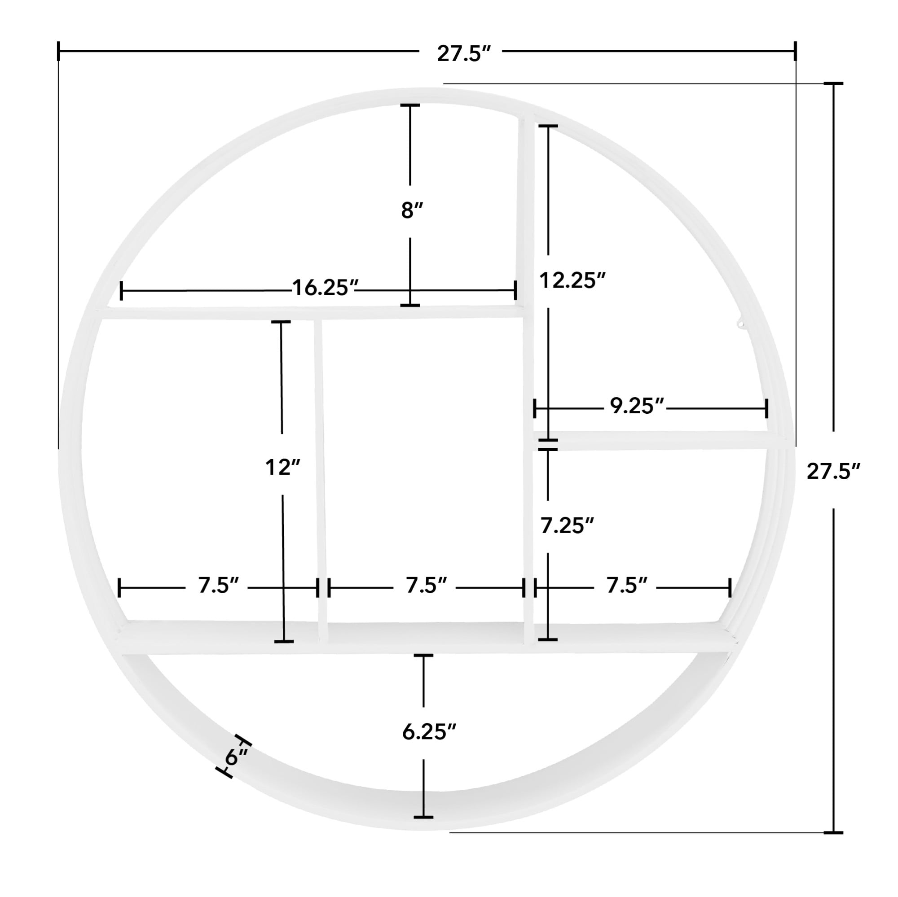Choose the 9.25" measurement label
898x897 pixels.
(637, 406)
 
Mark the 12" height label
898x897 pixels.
(282, 467)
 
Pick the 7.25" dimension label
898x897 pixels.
(567, 526)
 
